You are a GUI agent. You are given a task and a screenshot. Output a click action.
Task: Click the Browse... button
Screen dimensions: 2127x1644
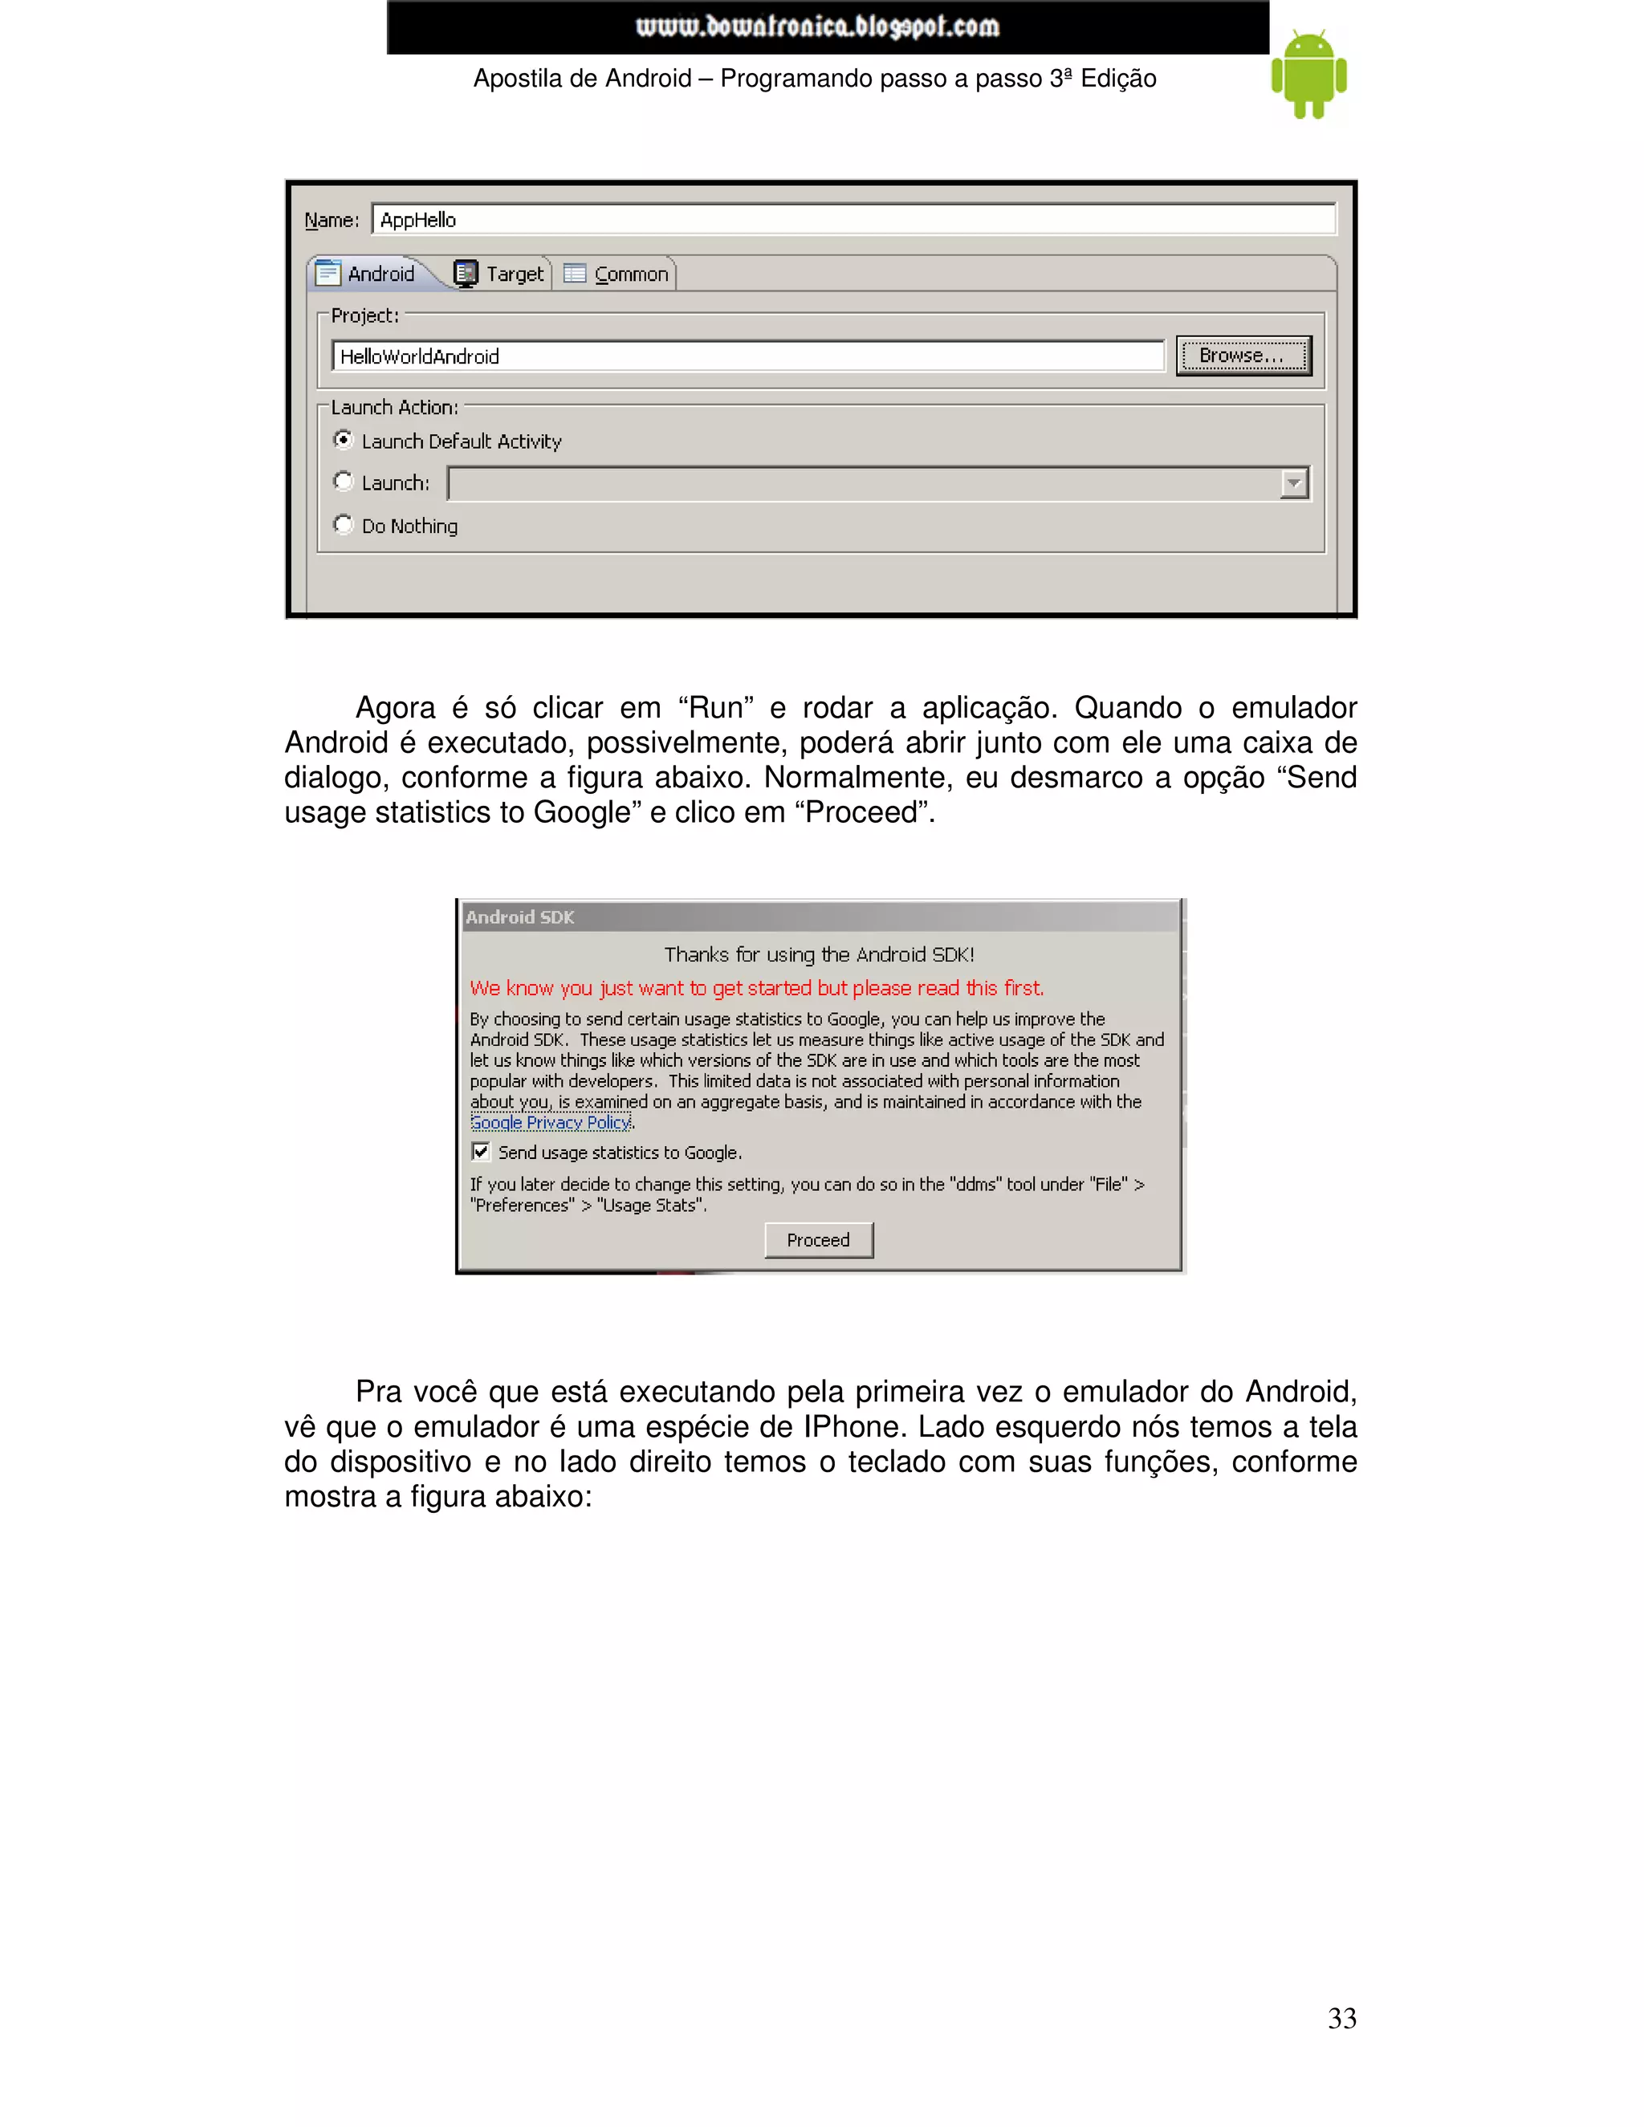click(1243, 356)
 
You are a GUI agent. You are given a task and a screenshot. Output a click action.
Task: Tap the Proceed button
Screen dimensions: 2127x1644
click(818, 1240)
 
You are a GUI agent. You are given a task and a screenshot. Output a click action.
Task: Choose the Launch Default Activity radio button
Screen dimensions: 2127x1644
click(343, 440)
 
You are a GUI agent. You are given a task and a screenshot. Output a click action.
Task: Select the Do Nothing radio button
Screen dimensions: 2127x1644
click(343, 525)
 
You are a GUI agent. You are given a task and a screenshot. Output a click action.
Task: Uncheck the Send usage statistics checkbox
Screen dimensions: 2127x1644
click(481, 1152)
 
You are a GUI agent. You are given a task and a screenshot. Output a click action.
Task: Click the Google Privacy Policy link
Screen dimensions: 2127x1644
click(550, 1123)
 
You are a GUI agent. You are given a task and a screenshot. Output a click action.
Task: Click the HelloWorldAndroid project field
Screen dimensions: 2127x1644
click(747, 356)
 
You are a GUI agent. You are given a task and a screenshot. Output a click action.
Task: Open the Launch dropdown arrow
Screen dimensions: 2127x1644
click(1293, 483)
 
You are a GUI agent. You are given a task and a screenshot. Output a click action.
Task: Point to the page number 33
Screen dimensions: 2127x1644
click(1341, 2019)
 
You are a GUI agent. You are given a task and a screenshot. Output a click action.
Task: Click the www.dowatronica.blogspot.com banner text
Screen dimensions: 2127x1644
click(817, 26)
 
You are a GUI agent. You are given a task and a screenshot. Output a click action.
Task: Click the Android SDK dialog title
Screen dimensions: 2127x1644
click(519, 917)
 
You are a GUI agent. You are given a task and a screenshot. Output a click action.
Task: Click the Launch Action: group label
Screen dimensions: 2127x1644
click(393, 407)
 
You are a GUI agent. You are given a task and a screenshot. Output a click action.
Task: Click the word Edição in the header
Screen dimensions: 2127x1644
click(1118, 79)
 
